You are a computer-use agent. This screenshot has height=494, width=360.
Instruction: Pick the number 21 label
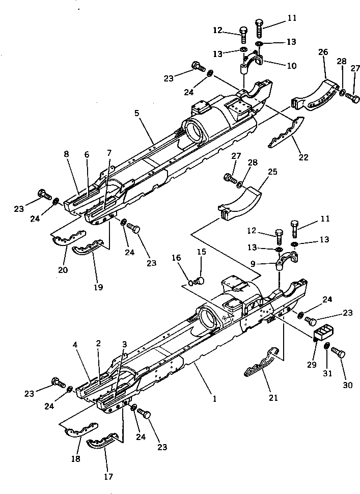click(274, 397)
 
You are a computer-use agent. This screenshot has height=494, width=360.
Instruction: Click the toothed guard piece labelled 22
click(284, 132)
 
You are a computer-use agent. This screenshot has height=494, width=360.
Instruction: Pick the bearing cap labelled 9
click(281, 258)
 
